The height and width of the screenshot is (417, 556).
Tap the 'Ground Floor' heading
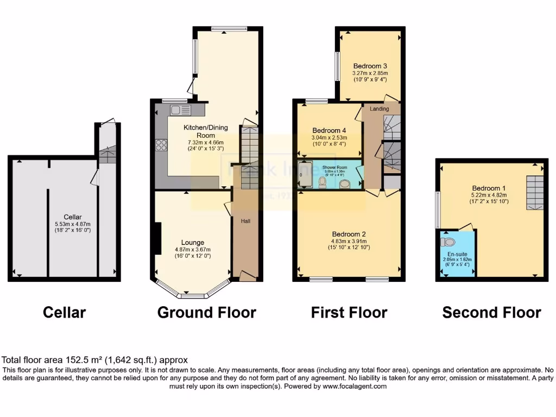click(206, 313)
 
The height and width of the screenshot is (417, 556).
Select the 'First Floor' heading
click(349, 313)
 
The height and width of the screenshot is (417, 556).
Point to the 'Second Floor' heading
click(491, 313)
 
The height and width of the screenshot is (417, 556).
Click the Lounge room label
click(193, 242)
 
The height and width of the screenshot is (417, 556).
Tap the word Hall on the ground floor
click(245, 221)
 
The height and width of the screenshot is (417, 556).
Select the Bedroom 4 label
click(329, 130)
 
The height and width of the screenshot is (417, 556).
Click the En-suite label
click(458, 254)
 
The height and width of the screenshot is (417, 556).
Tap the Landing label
click(379, 109)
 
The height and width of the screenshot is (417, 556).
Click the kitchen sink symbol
click(179, 110)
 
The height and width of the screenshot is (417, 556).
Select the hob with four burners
click(161, 145)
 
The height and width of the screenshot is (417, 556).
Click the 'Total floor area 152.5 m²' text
click(95, 359)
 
